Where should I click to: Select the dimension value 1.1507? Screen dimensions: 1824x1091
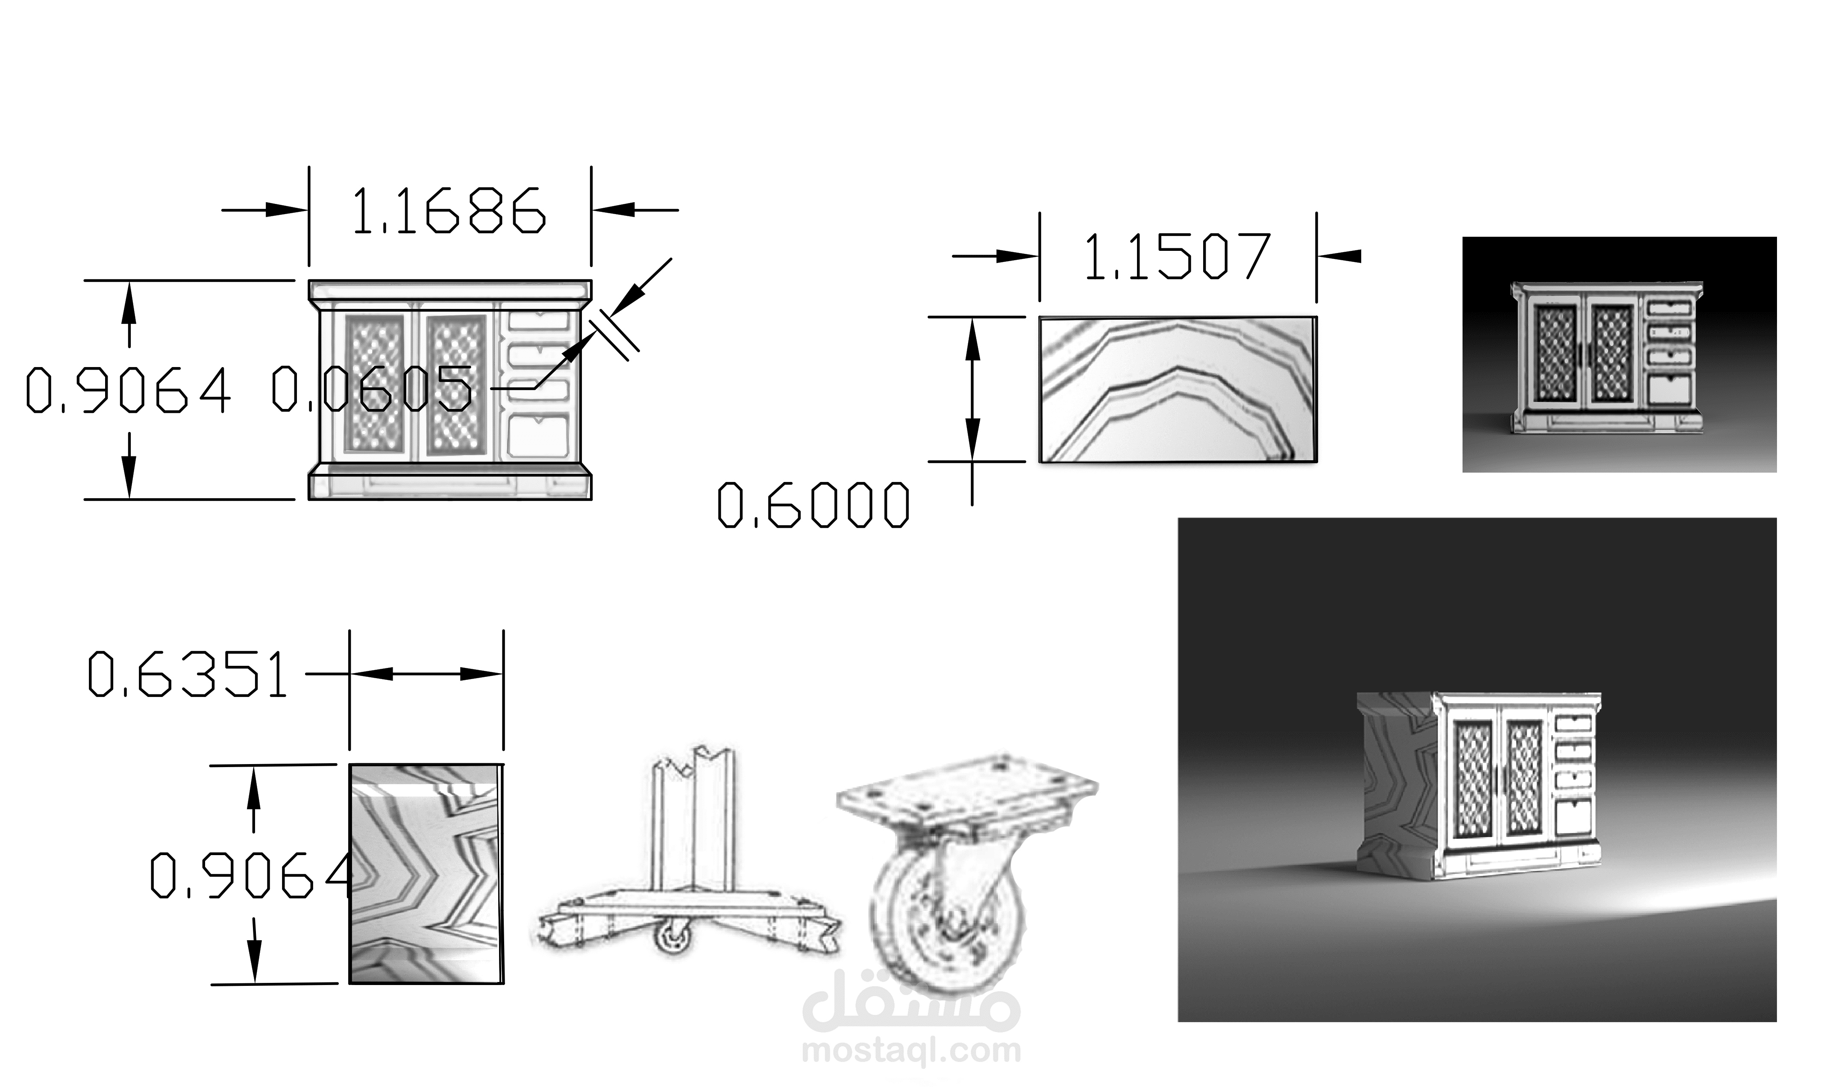click(x=1177, y=256)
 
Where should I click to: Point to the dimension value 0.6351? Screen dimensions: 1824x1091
click(x=188, y=674)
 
